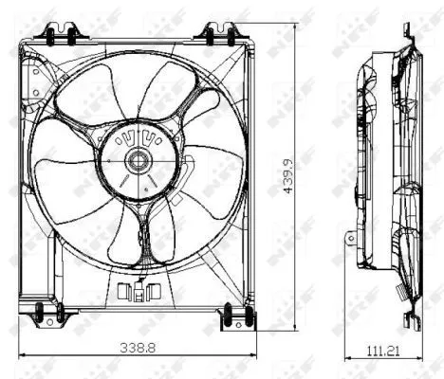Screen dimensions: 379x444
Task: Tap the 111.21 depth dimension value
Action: tap(381, 352)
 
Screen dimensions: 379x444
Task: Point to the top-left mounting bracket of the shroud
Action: tap(59, 36)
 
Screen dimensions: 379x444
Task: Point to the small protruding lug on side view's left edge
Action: tap(350, 237)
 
